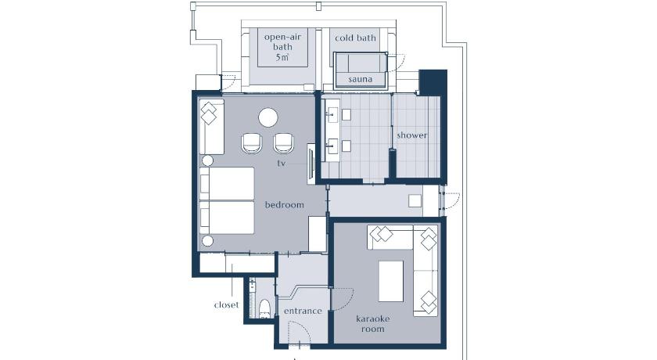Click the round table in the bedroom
[x=268, y=117]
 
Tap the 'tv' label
[x=281, y=163]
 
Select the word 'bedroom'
[x=285, y=204]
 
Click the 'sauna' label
[x=360, y=79]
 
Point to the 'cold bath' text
[x=355, y=38]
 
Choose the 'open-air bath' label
[x=283, y=41]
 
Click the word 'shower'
[x=412, y=135]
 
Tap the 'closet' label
[x=226, y=304]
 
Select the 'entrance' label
[x=303, y=311]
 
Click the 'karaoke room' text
[x=373, y=323]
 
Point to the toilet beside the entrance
[x=265, y=308]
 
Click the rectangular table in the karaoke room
[x=391, y=281]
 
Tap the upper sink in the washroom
[x=332, y=113]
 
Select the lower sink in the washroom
[x=332, y=145]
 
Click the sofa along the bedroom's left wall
[x=211, y=128]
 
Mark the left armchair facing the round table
[x=252, y=143]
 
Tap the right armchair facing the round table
[x=284, y=143]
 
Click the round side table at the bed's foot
[x=207, y=241]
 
